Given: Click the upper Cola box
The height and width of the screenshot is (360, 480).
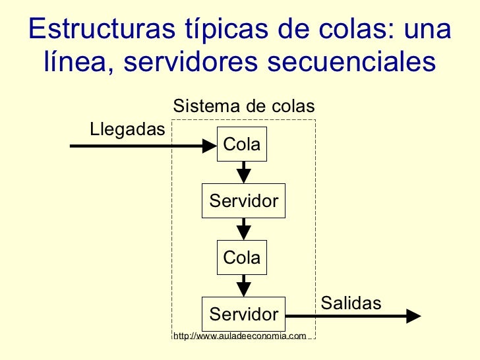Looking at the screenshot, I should (242, 144).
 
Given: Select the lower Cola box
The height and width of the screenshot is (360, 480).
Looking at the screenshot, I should (242, 258).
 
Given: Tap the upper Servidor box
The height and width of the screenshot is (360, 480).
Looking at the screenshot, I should (243, 201).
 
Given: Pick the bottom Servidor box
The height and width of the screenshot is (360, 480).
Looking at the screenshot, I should (243, 314).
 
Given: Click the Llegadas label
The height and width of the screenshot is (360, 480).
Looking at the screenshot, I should (127, 129).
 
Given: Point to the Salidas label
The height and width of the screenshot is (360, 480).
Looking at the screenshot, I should (351, 303).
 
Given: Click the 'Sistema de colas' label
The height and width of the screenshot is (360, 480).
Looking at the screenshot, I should (243, 106).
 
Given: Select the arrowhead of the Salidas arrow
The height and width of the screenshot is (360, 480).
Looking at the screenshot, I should (413, 316).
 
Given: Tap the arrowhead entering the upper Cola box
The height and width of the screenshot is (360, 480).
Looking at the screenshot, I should (210, 145).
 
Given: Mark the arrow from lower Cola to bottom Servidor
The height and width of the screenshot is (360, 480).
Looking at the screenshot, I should (244, 285).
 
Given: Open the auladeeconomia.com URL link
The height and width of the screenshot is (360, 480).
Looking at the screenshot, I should (239, 336).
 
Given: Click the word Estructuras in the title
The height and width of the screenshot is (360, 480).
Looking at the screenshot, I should (94, 29).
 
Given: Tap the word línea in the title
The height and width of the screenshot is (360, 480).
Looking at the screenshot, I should (79, 63).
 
